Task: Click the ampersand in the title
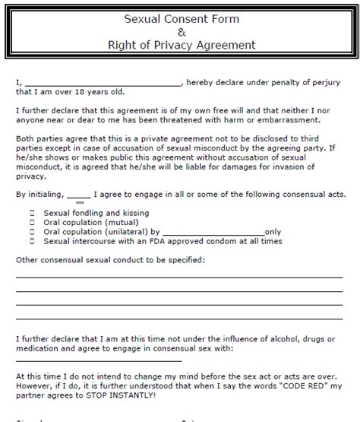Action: click(181, 30)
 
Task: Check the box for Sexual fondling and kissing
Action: click(31, 213)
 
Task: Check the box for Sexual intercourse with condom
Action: click(31, 241)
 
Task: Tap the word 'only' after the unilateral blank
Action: click(273, 232)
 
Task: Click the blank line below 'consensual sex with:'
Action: click(99, 359)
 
